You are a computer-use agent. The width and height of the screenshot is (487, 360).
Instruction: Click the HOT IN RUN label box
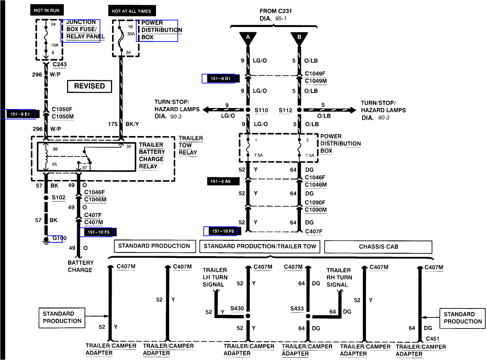click(x=47, y=10)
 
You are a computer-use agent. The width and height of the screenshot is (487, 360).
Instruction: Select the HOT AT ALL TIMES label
click(x=131, y=11)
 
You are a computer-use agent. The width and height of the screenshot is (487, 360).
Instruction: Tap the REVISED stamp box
click(x=90, y=86)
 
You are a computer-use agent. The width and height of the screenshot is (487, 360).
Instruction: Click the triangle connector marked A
click(x=248, y=38)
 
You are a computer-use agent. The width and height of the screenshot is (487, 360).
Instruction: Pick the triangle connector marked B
click(x=299, y=38)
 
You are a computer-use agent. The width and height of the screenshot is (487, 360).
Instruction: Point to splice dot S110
click(x=248, y=110)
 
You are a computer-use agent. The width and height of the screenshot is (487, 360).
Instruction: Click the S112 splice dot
click(x=299, y=110)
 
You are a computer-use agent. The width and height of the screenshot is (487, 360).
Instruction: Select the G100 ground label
click(x=59, y=238)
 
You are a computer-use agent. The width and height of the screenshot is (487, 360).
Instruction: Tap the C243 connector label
click(x=59, y=64)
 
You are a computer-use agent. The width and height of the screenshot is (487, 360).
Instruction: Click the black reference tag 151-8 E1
click(x=20, y=114)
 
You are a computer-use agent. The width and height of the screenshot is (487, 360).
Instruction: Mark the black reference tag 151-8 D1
click(x=221, y=79)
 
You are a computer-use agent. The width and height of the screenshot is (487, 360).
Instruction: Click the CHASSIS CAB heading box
click(x=378, y=247)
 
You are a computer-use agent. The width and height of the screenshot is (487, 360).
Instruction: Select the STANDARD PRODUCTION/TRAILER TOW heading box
click(x=260, y=246)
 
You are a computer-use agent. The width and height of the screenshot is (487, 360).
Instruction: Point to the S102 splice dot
click(x=46, y=198)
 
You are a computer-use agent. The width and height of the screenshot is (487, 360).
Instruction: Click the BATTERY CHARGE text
click(x=80, y=266)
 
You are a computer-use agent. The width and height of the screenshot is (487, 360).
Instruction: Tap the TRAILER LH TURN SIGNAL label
click(x=215, y=277)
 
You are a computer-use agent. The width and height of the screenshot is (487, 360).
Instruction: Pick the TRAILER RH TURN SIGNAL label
click(x=339, y=277)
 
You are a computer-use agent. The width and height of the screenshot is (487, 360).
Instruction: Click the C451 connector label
click(x=432, y=339)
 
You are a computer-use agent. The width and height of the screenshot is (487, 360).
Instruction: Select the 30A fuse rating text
click(x=131, y=34)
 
